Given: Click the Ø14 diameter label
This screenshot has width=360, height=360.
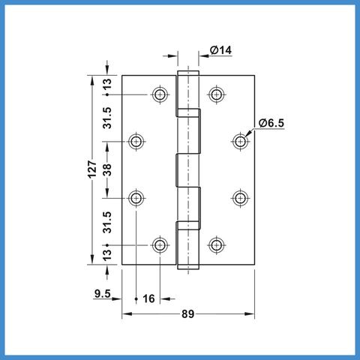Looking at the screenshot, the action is click(220, 50).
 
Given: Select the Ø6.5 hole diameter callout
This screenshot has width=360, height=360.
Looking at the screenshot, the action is click(271, 123).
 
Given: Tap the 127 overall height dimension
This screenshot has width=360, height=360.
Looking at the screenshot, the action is click(92, 169).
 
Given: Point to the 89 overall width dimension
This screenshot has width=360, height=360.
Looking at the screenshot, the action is click(188, 314).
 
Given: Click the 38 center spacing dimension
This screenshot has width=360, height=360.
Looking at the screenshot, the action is click(107, 169).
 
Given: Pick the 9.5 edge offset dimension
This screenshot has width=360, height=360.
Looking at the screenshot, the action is click(103, 293).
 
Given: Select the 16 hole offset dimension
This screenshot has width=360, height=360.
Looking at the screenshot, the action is click(148, 298).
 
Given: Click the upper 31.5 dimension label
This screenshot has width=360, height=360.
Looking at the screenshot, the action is click(107, 118).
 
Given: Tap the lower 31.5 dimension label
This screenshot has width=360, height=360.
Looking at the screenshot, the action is click(107, 223).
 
